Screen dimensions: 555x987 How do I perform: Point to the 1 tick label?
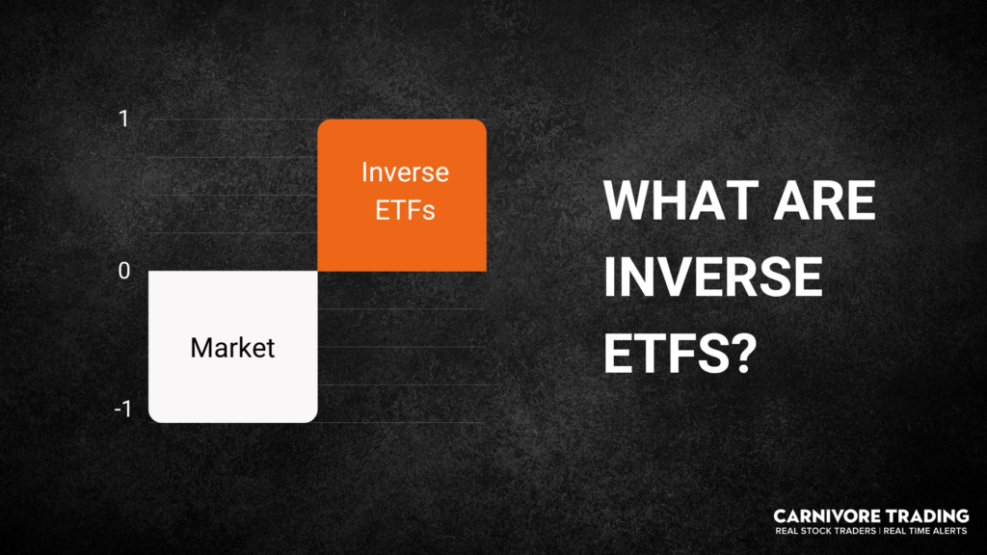pos(123,119)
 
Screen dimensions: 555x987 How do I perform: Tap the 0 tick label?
pos(123,271)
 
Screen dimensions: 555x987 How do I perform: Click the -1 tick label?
pos(121,410)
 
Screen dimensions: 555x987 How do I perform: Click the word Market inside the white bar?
pos(232,347)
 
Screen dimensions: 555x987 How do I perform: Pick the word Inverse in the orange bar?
pos(405,172)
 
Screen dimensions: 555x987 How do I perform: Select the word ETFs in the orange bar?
pos(405,208)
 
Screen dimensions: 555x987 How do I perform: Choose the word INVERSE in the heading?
pos(712,279)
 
